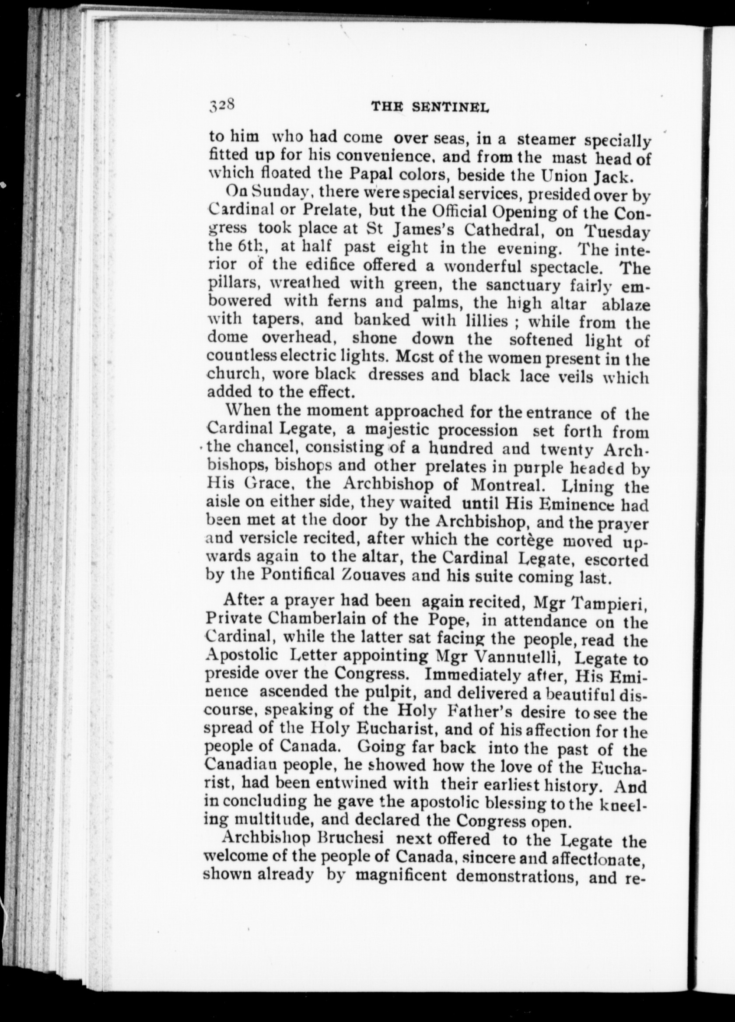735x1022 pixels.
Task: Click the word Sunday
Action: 280,192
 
